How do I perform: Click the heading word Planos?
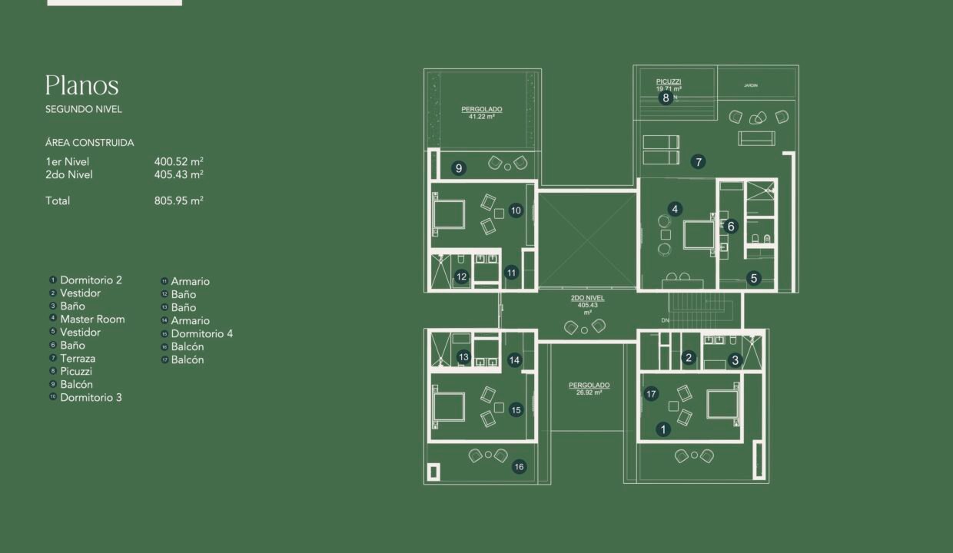tap(81, 85)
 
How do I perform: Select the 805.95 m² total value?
tap(178, 200)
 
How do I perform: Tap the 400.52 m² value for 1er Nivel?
tap(178, 161)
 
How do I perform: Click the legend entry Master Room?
tap(92, 319)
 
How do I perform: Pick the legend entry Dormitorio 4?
tap(201, 333)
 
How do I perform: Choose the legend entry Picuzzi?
tap(76, 371)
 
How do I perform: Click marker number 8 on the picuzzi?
tap(666, 98)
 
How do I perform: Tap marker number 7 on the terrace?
tap(698, 162)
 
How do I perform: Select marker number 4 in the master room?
tap(675, 209)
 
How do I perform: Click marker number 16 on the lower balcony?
tap(520, 466)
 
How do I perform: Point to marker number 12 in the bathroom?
tap(461, 277)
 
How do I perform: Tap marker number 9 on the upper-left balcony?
tap(459, 168)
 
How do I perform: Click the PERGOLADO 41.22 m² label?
tap(482, 113)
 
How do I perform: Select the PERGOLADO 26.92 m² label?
tap(589, 388)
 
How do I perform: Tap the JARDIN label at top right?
tap(751, 85)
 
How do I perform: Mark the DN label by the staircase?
tap(665, 320)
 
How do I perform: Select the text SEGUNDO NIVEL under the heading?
tap(84, 109)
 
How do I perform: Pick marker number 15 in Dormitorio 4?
tap(516, 410)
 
